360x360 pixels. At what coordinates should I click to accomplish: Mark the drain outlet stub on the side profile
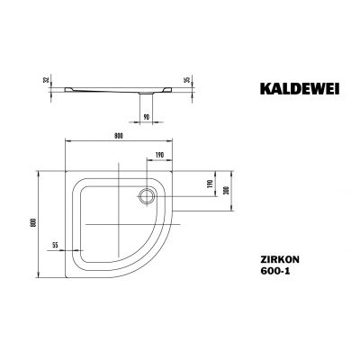(x=144, y=93)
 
